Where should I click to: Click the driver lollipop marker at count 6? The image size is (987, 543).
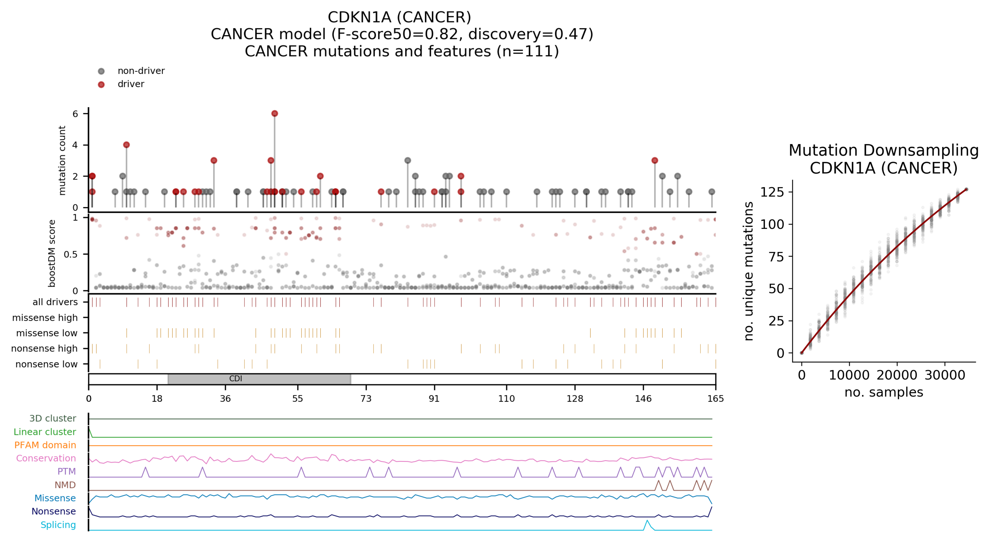coord(274,113)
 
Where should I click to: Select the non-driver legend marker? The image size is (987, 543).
coord(101,71)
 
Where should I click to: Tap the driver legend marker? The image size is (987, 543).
coord(101,84)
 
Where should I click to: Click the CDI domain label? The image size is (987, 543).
coord(236,379)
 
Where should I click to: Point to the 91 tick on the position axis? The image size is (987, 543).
coord(434,398)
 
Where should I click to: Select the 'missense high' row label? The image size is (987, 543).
coord(45,317)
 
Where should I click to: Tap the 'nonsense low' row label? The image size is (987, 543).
coord(46,364)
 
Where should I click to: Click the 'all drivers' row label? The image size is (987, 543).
coord(55,302)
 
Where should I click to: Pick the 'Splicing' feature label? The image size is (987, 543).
coord(58,525)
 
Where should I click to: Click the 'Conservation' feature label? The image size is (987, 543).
coord(46,458)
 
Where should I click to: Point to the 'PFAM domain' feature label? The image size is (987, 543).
coord(45,445)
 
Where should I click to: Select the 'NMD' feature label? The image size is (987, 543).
coord(65,485)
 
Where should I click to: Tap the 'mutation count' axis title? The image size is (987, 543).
coord(62,160)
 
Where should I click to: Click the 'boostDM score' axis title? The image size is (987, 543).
coord(52,253)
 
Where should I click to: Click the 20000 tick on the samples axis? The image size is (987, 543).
coord(897,375)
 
